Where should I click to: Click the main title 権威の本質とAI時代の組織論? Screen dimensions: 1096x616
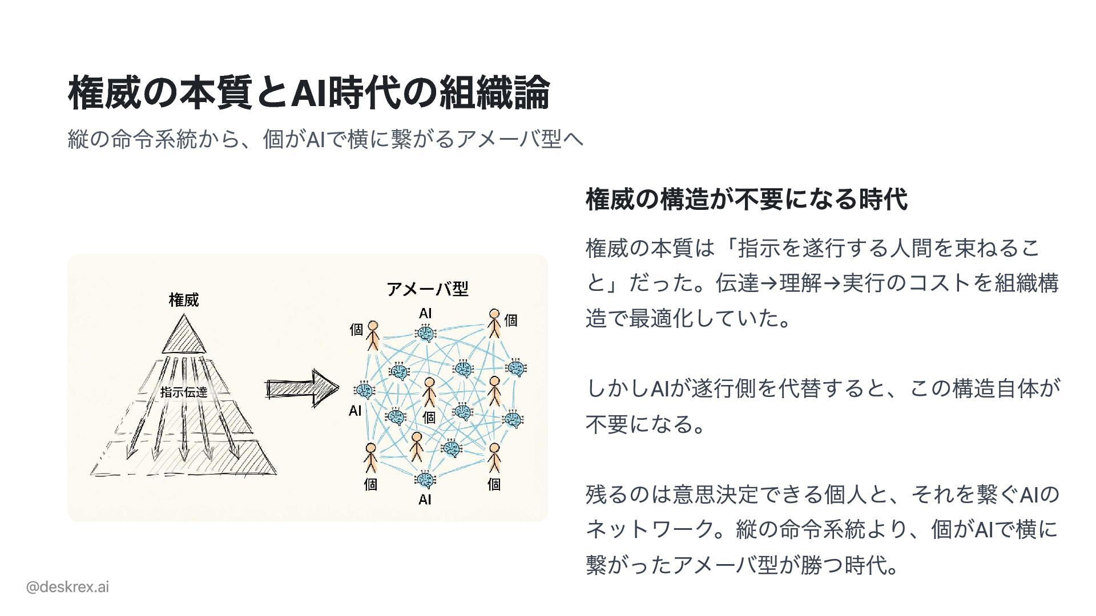pyautogui.click(x=308, y=92)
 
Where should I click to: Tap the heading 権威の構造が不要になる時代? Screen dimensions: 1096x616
pyautogui.click(x=746, y=199)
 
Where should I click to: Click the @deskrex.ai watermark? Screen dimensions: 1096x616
pyautogui.click(x=67, y=586)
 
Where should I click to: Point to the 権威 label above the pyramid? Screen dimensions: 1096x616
pyautogui.click(x=184, y=300)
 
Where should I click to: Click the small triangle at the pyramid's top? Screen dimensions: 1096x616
pyautogui.click(x=184, y=337)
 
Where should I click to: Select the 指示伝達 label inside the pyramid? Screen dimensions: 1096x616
pyautogui.click(x=184, y=392)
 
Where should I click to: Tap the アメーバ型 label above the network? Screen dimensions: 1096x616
pyautogui.click(x=428, y=289)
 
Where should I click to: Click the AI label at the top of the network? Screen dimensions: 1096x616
pyautogui.click(x=425, y=313)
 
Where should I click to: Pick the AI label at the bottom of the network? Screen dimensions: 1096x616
pyautogui.click(x=425, y=500)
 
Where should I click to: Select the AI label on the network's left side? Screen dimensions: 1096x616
pyautogui.click(x=355, y=411)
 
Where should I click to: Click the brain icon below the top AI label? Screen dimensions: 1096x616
pyautogui.click(x=425, y=333)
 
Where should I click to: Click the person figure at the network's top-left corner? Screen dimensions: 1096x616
pyautogui.click(x=373, y=335)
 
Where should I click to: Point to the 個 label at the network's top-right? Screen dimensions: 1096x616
pyautogui.click(x=511, y=320)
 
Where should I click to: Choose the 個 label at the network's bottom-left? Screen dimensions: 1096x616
pyautogui.click(x=370, y=484)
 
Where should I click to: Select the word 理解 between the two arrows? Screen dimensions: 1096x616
pyautogui.click(x=801, y=282)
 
